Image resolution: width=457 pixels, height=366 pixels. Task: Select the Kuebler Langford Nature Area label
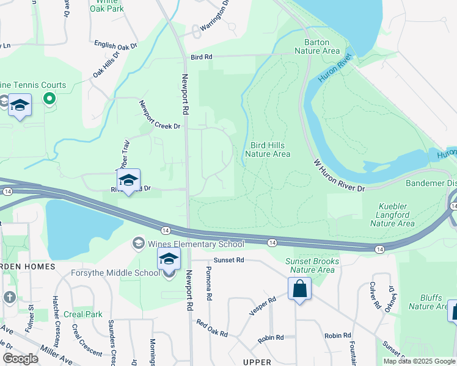(397, 215)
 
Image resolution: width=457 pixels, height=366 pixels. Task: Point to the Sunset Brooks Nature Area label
(312, 265)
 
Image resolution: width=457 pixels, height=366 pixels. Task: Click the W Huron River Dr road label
(339, 176)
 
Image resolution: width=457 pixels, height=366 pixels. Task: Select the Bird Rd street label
(201, 57)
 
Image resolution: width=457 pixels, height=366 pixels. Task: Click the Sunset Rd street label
(229, 260)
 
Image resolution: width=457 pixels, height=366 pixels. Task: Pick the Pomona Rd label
(209, 283)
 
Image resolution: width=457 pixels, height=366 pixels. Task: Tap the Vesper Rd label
(263, 306)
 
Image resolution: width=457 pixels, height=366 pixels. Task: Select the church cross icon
(9, 297)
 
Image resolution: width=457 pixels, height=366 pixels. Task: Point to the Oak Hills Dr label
(106, 64)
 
